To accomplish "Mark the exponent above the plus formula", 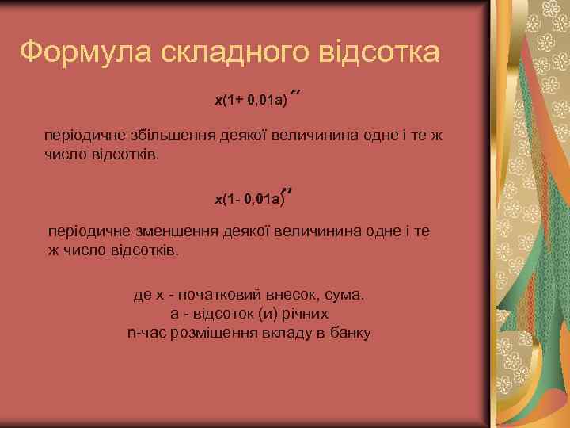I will click(298, 93).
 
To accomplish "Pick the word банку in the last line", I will click(348, 332).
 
